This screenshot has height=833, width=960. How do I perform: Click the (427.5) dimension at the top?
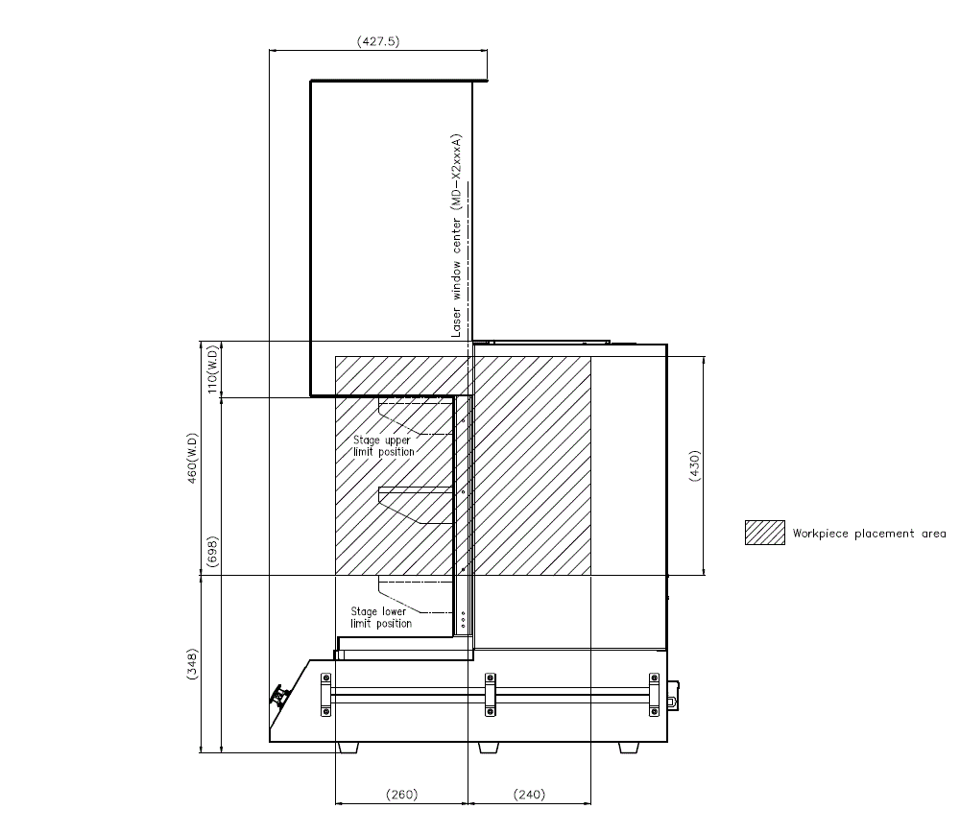coord(378,42)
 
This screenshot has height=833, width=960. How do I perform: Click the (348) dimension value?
coord(192,662)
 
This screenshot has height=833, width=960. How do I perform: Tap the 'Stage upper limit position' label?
coord(384,445)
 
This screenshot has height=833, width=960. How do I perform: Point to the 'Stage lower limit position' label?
coord(381,617)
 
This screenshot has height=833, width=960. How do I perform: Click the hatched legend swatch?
coord(764,533)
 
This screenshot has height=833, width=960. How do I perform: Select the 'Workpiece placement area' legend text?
coord(869,534)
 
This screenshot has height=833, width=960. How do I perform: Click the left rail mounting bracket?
coord(324,694)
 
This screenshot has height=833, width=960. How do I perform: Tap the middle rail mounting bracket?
coord(490,694)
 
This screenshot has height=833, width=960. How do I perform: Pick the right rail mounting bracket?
coord(655,694)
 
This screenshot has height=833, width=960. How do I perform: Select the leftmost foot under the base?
coord(348,748)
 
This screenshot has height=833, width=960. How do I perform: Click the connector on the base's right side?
coord(674,694)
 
